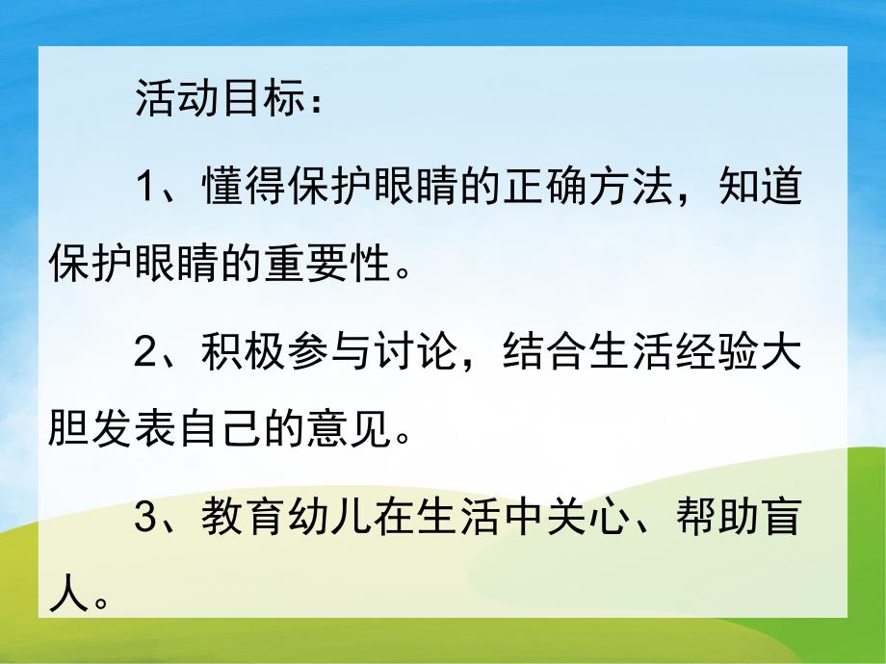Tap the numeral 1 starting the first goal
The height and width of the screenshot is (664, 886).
pos(144,188)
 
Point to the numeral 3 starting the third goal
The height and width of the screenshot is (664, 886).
pos(144,520)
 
